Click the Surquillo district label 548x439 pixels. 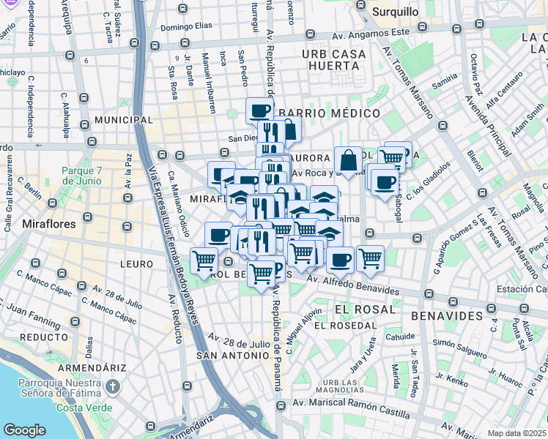click(395, 12)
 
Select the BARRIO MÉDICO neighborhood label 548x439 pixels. click(330, 113)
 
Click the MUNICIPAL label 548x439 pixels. click(123, 119)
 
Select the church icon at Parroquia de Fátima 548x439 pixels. click(112, 386)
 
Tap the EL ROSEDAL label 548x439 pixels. click(344, 325)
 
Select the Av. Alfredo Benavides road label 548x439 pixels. click(353, 285)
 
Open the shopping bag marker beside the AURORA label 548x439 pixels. click(348, 161)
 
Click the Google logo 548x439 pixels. click(24, 430)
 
